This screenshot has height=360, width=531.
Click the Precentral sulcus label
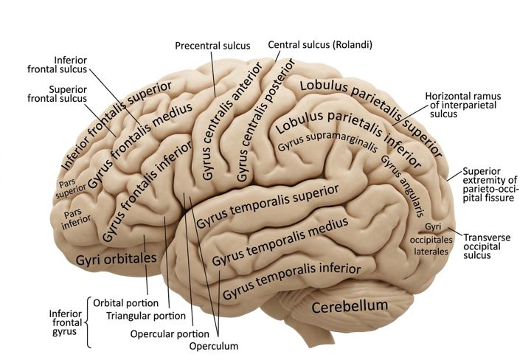coord(212,46)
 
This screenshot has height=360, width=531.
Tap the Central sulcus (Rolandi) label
coord(320,45)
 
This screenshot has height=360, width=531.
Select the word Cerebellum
coord(350,306)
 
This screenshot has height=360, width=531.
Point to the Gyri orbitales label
coord(117,260)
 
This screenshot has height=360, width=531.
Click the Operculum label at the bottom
coord(214,346)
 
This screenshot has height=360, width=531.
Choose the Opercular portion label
coord(170,334)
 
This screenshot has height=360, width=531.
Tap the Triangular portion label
coord(146,316)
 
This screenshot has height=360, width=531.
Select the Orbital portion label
coord(125,302)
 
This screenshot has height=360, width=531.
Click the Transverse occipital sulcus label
coord(487,246)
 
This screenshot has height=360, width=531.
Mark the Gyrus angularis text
coord(403,185)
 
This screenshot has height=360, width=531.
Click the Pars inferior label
coord(76,219)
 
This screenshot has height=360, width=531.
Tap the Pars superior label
coord(70,189)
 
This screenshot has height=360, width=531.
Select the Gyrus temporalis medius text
coord(280,241)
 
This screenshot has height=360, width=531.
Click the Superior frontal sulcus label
coord(58,94)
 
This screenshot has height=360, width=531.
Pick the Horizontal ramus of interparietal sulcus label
coord(463,105)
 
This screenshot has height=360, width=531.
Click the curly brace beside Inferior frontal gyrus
coord(88,322)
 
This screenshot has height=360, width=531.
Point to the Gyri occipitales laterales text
coord(431,239)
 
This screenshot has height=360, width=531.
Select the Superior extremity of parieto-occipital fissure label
coord(490,184)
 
